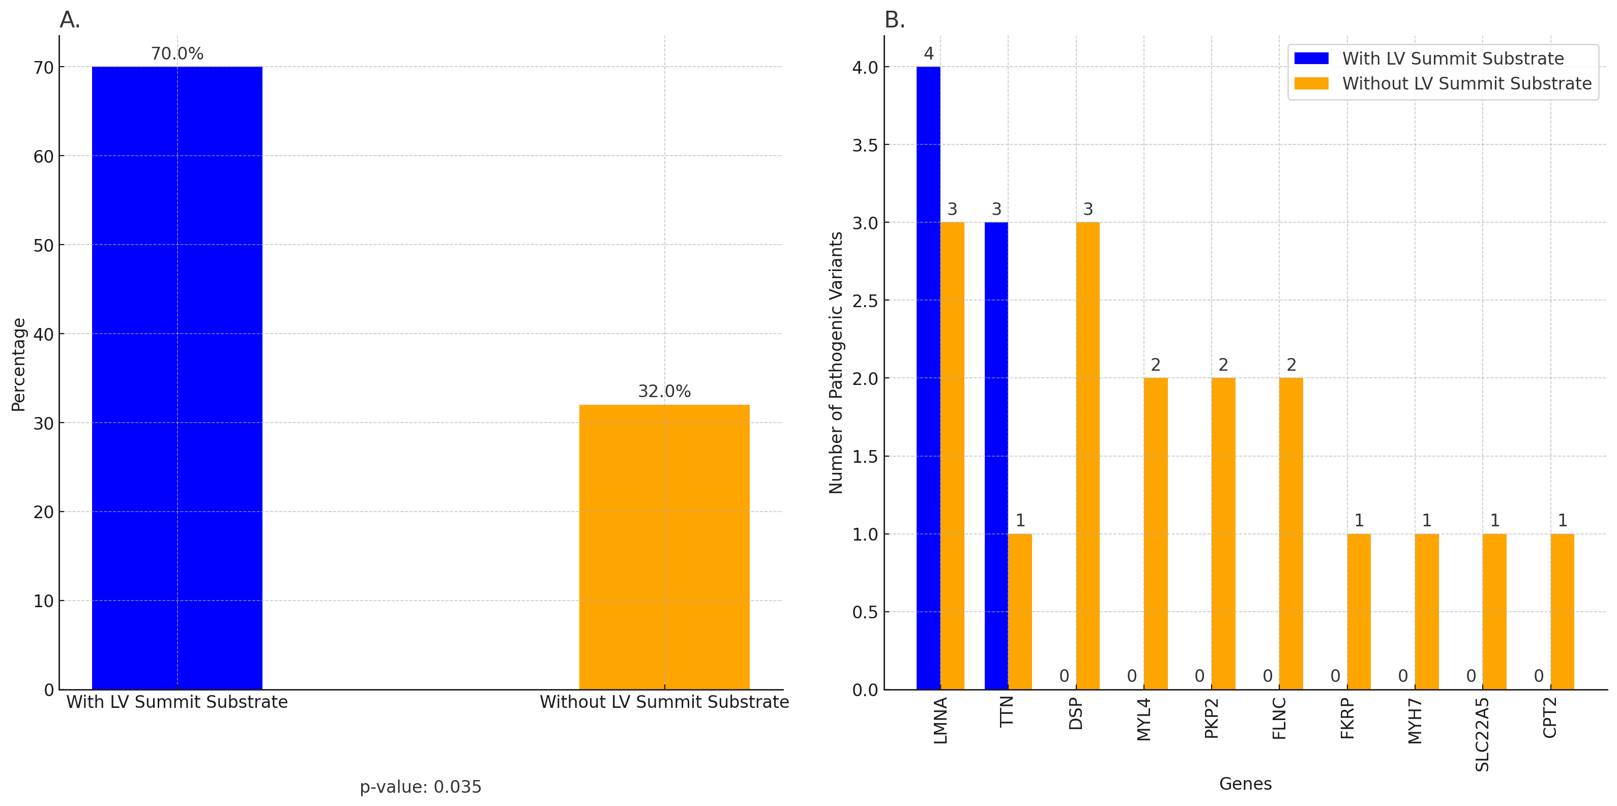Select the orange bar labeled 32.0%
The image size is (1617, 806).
664,547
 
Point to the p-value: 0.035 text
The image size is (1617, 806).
421,787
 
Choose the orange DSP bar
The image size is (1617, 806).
1088,456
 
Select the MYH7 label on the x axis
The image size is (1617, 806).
1415,721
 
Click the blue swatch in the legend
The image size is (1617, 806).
1311,58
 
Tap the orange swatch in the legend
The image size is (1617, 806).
1311,83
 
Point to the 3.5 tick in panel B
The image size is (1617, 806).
865,145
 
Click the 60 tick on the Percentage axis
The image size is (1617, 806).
44,156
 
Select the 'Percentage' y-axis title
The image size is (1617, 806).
19,364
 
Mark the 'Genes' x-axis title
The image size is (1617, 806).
1245,784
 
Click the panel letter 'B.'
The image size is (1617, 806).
895,21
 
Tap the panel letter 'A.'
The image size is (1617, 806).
70,21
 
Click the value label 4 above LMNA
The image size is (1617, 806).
928,53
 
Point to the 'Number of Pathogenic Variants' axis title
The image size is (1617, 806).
836,363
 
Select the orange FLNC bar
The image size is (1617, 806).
1291,533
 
